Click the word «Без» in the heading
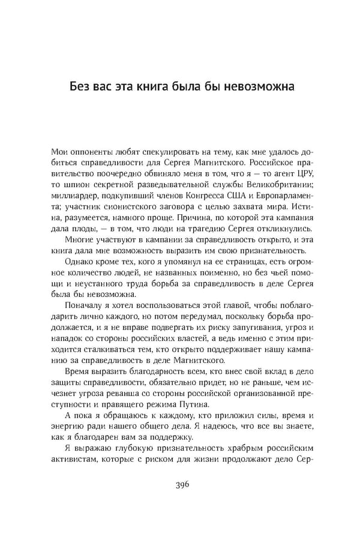(x=79, y=87)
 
